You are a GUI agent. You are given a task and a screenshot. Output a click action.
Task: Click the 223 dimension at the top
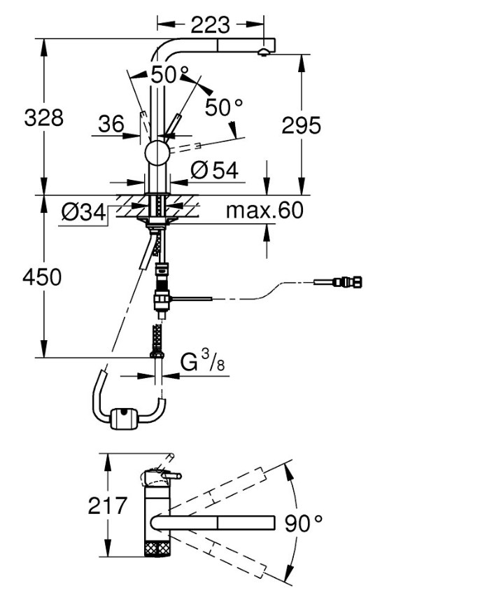click(210, 24)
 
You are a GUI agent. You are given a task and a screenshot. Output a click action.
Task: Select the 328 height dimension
click(43, 118)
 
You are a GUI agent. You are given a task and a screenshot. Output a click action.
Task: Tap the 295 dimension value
click(301, 125)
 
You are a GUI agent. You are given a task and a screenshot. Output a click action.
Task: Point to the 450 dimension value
click(42, 277)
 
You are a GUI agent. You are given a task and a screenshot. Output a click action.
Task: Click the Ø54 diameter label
click(214, 169)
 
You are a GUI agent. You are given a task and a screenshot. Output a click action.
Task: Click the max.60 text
click(265, 210)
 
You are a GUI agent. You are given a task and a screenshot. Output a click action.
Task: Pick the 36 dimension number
click(111, 125)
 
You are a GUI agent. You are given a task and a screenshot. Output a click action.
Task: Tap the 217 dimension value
click(108, 505)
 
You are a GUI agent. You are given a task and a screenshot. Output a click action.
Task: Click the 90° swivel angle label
click(302, 521)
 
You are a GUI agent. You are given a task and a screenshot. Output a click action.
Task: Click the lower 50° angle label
click(224, 107)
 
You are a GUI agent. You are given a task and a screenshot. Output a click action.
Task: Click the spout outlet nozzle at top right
click(263, 52)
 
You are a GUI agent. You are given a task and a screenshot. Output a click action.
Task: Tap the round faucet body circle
click(157, 153)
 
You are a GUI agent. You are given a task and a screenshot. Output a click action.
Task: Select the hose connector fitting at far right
click(348, 283)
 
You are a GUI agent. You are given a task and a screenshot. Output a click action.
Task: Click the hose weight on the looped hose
click(124, 419)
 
